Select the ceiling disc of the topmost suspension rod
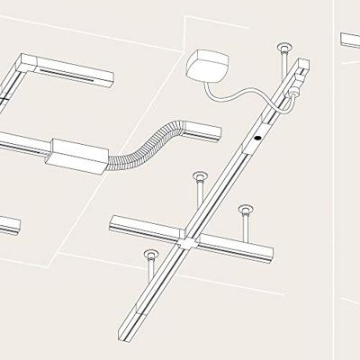tap(284, 46)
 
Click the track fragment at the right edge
tap(350, 40)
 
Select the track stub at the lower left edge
tap(9, 226)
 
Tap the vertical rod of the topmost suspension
tap(284, 63)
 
